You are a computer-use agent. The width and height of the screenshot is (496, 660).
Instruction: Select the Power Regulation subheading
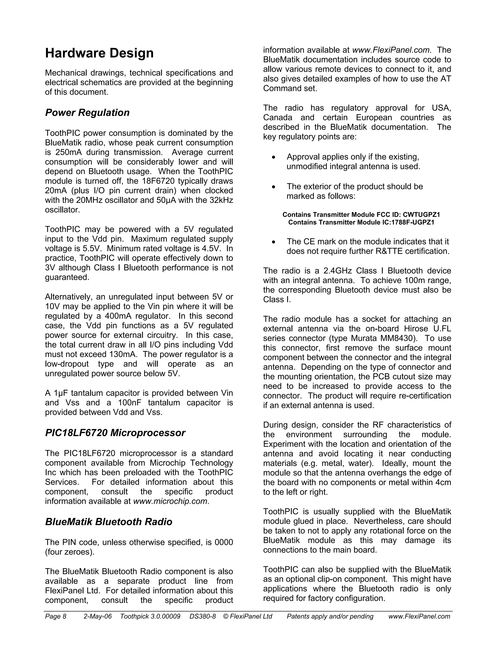(x=87, y=113)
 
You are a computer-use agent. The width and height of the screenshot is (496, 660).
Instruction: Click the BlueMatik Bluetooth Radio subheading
(x=109, y=522)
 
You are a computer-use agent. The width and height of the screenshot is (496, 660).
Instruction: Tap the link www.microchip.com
(x=170, y=501)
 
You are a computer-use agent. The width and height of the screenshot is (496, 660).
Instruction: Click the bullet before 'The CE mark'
(x=274, y=242)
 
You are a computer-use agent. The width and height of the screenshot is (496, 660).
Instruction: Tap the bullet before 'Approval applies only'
(x=274, y=157)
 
